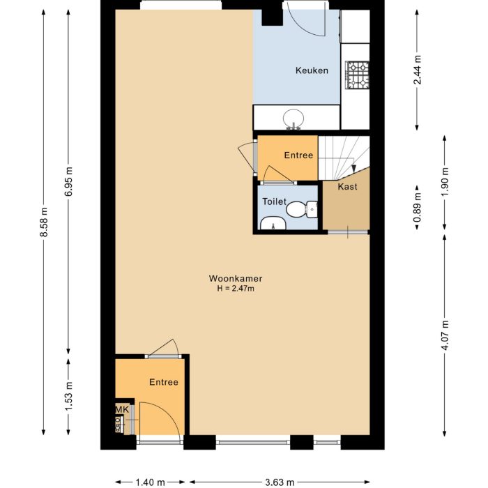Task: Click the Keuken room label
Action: click(x=312, y=70)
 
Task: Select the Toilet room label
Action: click(x=274, y=201)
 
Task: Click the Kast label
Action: click(x=347, y=187)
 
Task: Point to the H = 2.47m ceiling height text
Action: click(x=236, y=289)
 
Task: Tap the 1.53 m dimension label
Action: click(x=68, y=396)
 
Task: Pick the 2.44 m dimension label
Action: click(x=417, y=70)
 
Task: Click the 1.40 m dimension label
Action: click(x=150, y=482)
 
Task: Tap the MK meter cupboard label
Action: click(x=121, y=409)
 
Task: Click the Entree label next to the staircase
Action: click(x=298, y=155)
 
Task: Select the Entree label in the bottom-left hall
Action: click(x=163, y=382)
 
